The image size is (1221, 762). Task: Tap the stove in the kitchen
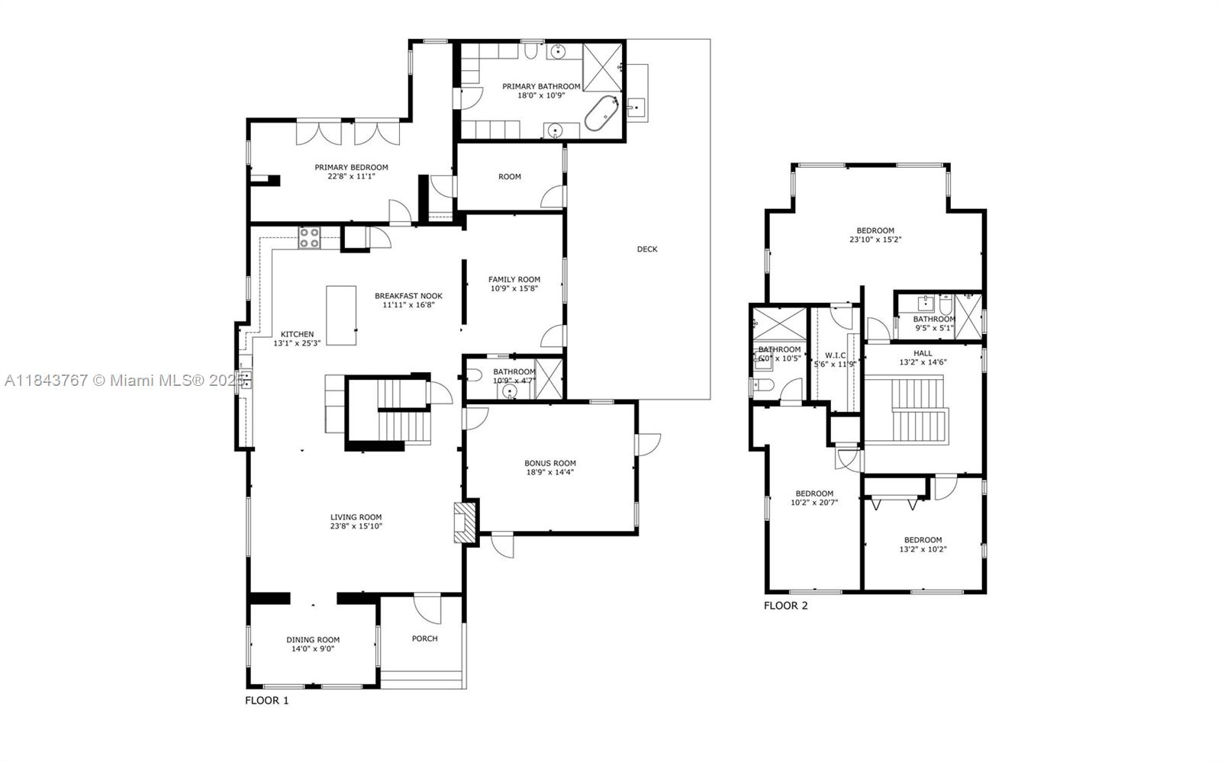coord(309,238)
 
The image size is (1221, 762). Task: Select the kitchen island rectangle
coord(341,315)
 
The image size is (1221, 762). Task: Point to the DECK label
coord(646,249)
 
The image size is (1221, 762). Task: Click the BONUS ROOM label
coord(549,463)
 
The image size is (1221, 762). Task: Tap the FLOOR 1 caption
coord(266,700)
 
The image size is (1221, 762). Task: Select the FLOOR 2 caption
coord(785,606)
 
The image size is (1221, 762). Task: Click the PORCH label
coord(424,638)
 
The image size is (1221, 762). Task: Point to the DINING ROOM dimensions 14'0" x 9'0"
coord(313,649)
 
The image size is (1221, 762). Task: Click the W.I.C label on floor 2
coord(834,355)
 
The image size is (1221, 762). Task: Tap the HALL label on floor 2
coord(923,353)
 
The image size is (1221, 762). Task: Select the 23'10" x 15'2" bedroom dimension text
coord(875,240)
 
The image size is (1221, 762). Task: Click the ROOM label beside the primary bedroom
coord(510,177)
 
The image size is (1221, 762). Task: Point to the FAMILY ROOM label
coord(514,279)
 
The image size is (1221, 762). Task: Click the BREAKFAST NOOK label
coord(408,296)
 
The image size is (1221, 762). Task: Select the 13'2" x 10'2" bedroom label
coord(923,545)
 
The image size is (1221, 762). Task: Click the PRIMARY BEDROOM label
coord(351,167)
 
